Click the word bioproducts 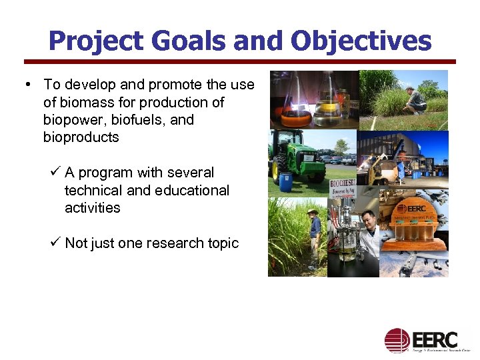81,137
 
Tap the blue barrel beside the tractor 286,182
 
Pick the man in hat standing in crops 313,237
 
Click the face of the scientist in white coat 368,220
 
